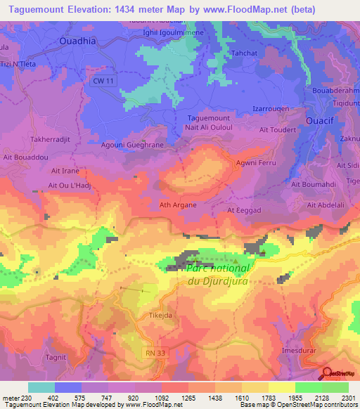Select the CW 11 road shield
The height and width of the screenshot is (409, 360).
103,82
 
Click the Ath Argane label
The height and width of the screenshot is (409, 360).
178,205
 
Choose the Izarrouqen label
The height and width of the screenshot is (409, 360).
271,110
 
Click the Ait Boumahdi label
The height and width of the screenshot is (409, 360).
313,184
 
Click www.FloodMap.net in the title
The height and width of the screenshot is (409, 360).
238,9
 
